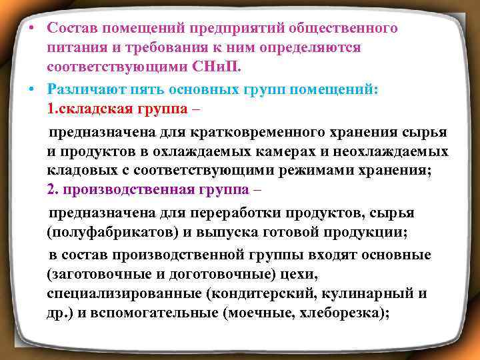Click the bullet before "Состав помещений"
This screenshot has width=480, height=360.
pos(33,29)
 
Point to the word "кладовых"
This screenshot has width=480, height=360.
pos(75,170)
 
